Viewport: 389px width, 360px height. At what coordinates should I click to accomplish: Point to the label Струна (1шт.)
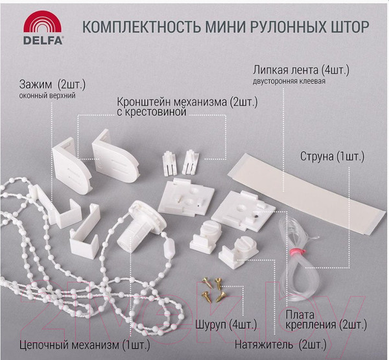332,157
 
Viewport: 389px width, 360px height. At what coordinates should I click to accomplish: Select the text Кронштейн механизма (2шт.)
181,102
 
